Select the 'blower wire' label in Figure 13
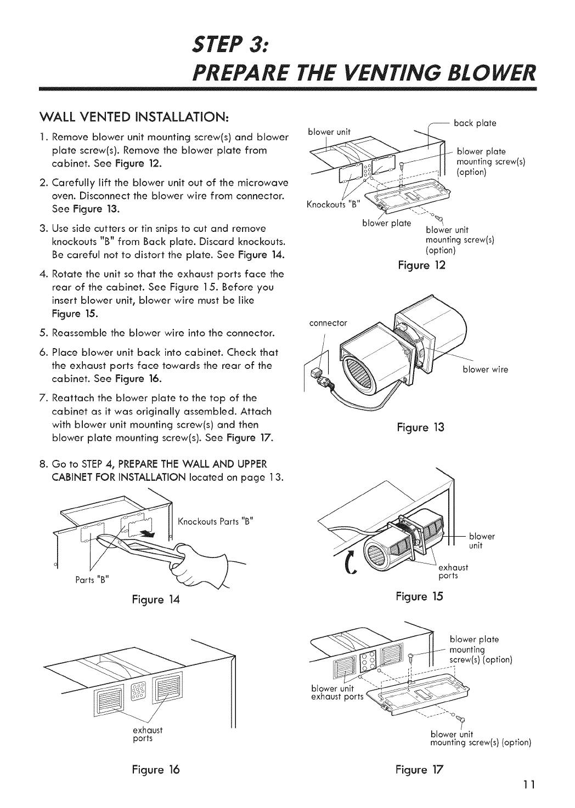click(485, 369)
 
